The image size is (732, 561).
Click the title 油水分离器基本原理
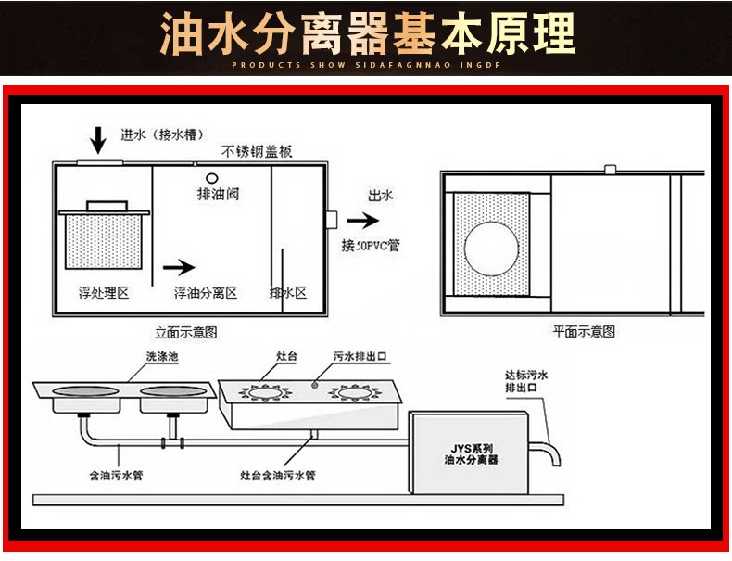pyautogui.click(x=367, y=35)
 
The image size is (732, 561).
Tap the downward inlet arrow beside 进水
pyautogui.click(x=98, y=141)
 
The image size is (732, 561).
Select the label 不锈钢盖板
pyautogui.click(x=257, y=152)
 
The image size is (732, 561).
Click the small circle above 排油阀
pyautogui.click(x=211, y=179)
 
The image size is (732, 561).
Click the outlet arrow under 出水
pyautogui.click(x=364, y=221)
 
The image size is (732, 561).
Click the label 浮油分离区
pyautogui.click(x=206, y=293)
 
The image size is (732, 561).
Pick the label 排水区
pyautogui.click(x=287, y=293)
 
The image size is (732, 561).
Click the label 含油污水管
pyautogui.click(x=116, y=476)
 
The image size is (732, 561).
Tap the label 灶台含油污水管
pyautogui.click(x=278, y=476)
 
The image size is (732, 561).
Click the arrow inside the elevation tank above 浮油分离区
pyautogui.click(x=179, y=267)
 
